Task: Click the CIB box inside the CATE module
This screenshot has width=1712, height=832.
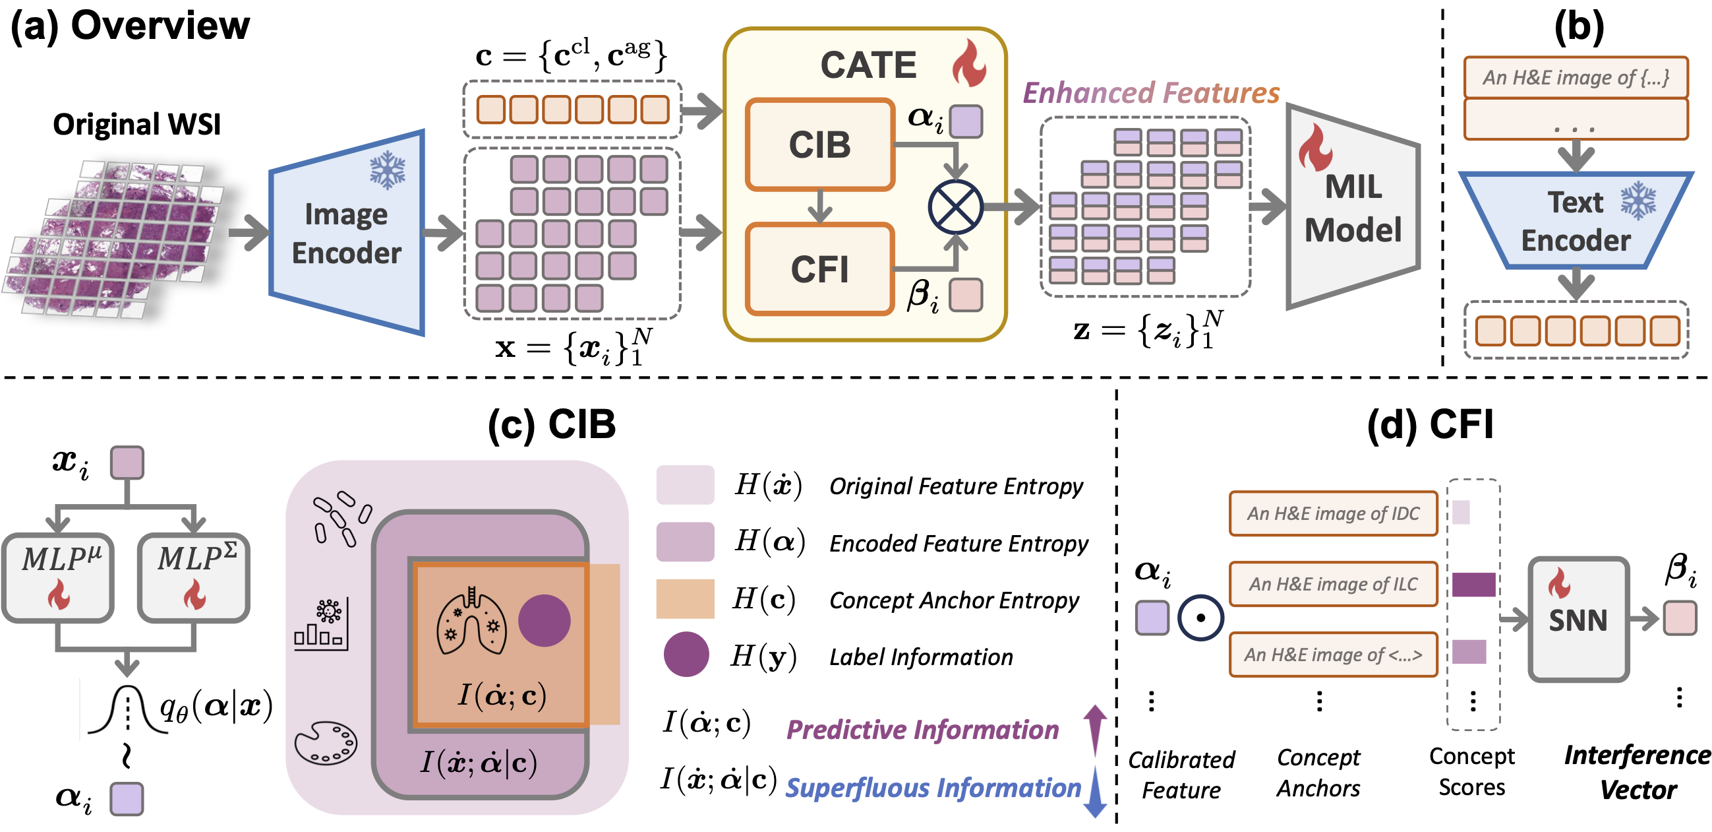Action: pos(819,144)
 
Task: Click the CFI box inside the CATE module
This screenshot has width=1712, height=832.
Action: pos(819,269)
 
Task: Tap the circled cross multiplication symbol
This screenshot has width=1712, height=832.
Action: pos(955,207)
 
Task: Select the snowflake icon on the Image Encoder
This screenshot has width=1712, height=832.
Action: pos(388,170)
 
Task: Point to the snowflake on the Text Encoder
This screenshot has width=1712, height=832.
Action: pos(1638,201)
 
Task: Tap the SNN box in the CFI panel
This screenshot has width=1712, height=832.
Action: pos(1578,619)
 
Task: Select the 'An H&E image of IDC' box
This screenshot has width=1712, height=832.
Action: pos(1332,513)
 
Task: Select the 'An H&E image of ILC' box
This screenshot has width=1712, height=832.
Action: pos(1332,584)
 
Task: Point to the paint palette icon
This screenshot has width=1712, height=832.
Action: pos(326,743)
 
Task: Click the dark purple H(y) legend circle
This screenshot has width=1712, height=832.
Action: pos(686,655)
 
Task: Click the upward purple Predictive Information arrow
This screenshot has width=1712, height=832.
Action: pos(1094,729)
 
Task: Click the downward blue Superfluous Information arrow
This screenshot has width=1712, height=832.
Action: pos(1094,792)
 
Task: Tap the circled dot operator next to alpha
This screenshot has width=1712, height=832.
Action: pos(1200,618)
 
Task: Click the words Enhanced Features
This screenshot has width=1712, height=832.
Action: pos(1150,92)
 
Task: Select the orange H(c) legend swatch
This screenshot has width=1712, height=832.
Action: pos(685,598)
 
